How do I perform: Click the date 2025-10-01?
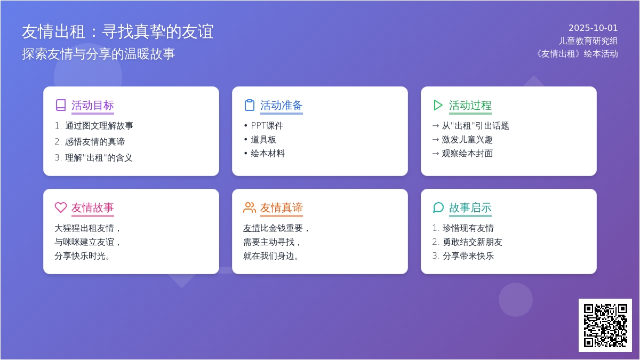tap(593, 28)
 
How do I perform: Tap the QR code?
tap(605, 325)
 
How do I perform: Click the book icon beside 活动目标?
tap(61, 105)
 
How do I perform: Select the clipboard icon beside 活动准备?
tap(250, 105)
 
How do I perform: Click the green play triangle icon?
tap(438, 105)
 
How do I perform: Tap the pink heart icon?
tap(61, 207)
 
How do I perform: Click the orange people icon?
tap(250, 207)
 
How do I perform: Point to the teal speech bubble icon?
tap(438, 207)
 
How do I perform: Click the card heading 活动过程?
tap(470, 106)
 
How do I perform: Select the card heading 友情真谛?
tap(281, 207)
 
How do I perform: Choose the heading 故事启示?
tap(470, 207)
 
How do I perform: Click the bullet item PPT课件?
tap(267, 126)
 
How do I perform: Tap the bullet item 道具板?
tap(263, 140)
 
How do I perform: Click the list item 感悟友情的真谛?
tap(95, 142)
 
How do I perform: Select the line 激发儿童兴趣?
tap(467, 140)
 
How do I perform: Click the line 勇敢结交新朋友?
tap(473, 242)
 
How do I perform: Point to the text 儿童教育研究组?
tap(588, 41)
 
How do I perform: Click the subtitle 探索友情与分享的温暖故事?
tap(99, 54)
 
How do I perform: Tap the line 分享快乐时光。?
tap(82, 255)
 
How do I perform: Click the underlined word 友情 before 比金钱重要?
tap(251, 228)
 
